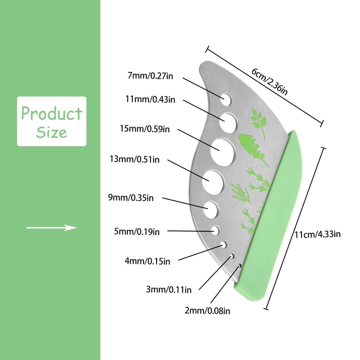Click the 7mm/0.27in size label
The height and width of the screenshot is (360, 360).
click(x=150, y=76)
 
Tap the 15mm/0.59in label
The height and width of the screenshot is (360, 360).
click(x=144, y=130)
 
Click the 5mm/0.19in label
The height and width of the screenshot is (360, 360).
click(x=137, y=232)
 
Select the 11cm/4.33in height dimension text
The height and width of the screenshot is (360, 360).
click(x=317, y=234)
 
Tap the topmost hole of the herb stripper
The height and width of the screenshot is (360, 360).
click(x=225, y=97)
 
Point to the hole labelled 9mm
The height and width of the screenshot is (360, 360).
click(x=211, y=208)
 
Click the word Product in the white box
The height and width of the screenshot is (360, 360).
click(x=51, y=113)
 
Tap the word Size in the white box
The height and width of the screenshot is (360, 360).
click(x=51, y=132)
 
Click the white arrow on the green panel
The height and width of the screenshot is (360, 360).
click(x=51, y=228)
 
